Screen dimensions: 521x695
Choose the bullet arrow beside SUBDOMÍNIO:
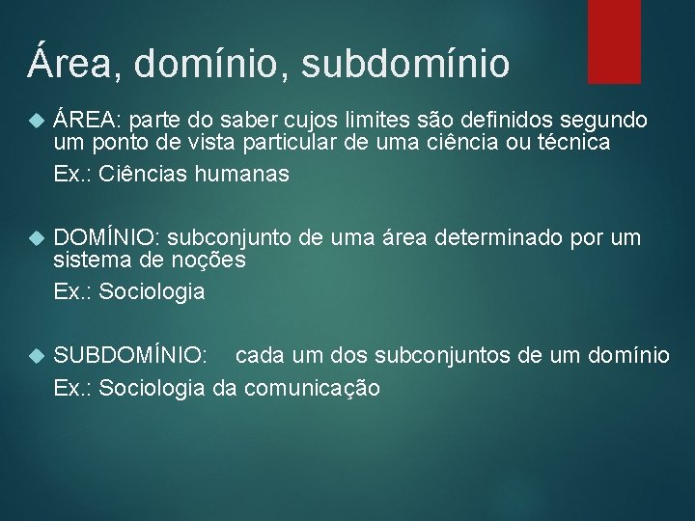click(38, 356)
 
